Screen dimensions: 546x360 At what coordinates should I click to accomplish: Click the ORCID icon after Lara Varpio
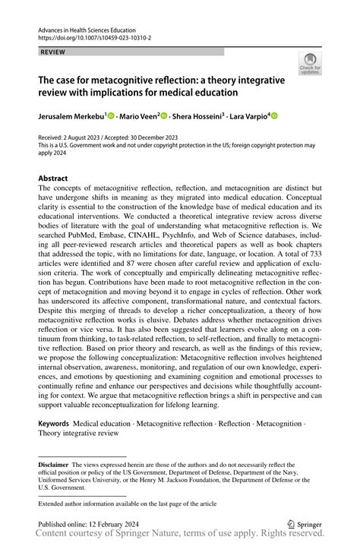[x=275, y=115]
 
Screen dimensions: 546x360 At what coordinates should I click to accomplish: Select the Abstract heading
[x=53, y=178]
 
